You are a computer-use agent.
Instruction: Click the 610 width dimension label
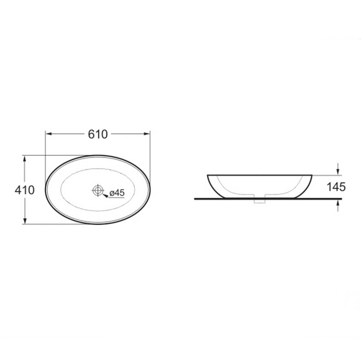point(98,134)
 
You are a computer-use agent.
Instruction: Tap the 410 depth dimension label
point(24,190)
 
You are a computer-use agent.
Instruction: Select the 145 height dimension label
point(336,187)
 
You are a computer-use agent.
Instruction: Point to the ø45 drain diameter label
point(117,192)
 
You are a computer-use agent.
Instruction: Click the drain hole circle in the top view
point(98,190)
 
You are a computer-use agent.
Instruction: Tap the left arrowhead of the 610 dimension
point(48,134)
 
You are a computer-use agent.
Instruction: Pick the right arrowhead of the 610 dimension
point(147,134)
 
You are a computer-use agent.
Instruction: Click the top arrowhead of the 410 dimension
point(24,159)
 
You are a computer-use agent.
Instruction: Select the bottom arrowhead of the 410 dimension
point(24,220)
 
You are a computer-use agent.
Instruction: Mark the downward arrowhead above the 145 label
point(338,172)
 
